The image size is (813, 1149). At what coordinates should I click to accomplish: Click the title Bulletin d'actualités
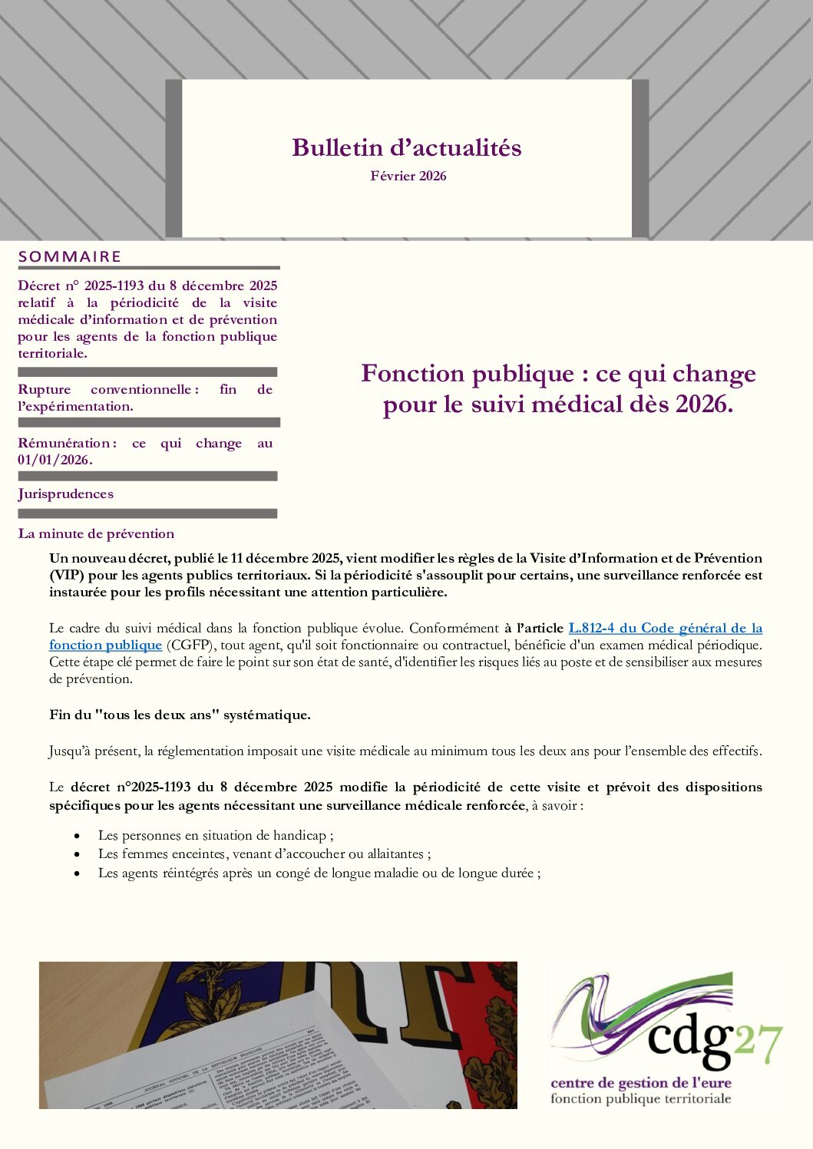[x=406, y=147]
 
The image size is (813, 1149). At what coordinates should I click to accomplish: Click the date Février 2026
[x=408, y=176]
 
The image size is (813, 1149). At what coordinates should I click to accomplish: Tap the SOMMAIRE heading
[x=70, y=256]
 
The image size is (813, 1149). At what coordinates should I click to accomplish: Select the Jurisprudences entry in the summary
[x=66, y=494]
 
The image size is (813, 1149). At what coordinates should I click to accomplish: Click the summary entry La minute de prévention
[x=96, y=533]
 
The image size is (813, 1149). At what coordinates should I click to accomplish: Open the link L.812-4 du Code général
[x=665, y=628]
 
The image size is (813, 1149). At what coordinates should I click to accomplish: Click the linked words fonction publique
[x=105, y=645]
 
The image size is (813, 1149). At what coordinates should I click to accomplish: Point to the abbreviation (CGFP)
[x=189, y=645]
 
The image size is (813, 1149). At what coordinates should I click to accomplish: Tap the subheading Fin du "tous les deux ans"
[x=180, y=715]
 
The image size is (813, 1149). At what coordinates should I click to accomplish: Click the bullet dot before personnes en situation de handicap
[x=77, y=836]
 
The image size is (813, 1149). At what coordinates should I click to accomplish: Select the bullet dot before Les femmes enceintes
[x=77, y=854]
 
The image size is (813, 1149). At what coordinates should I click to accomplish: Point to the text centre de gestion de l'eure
[x=640, y=1083]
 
